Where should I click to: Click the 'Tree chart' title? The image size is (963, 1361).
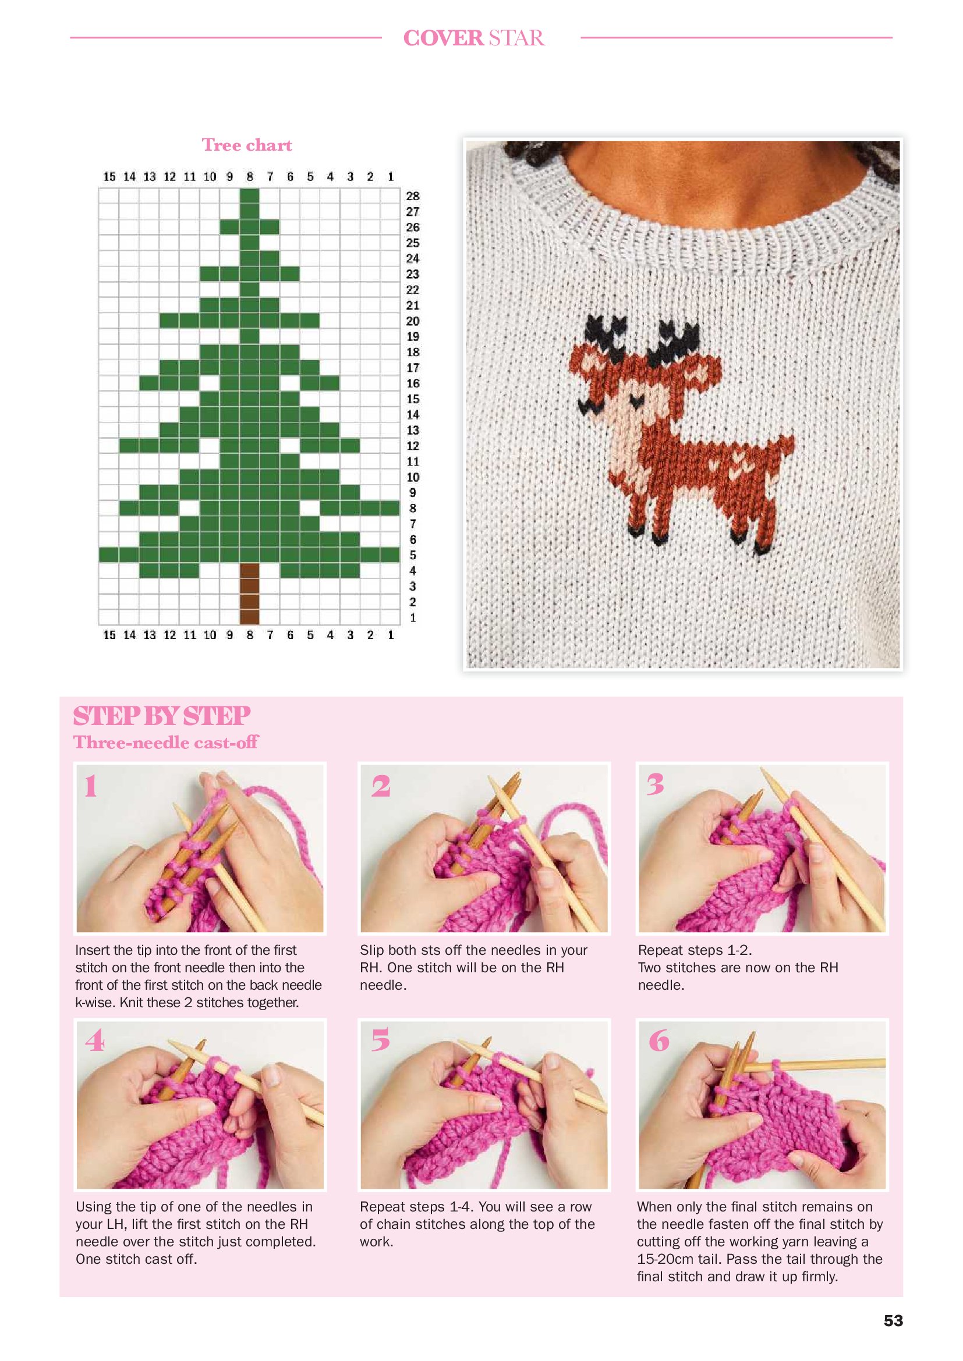(x=247, y=145)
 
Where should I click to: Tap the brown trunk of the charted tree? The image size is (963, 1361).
(x=250, y=594)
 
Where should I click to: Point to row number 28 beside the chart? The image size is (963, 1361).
(x=413, y=196)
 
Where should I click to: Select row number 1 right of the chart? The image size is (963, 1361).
(x=413, y=618)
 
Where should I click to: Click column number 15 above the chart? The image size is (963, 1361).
(x=109, y=177)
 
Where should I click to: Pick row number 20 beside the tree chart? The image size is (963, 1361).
(x=413, y=321)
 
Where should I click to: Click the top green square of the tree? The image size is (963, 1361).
(x=250, y=196)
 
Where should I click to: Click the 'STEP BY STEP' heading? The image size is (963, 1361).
(x=161, y=716)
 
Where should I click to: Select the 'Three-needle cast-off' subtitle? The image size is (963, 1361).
(x=165, y=742)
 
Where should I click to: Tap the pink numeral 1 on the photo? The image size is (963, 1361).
(x=91, y=787)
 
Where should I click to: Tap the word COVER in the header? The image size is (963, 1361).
(x=444, y=38)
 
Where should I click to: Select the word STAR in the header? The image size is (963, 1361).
(x=516, y=38)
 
